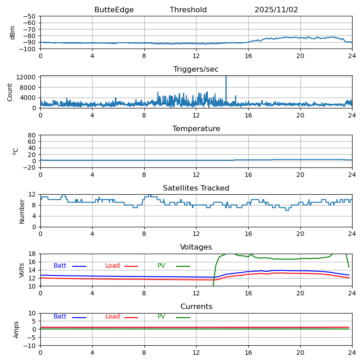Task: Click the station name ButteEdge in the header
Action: point(114,10)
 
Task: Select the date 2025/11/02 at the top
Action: point(276,10)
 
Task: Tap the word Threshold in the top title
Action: point(188,10)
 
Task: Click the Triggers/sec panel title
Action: point(196,69)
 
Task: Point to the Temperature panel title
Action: point(196,129)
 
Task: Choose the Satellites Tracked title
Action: point(196,188)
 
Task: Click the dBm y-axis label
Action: point(13,33)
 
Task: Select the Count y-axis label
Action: point(10,92)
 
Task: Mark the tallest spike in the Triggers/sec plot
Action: point(226,77)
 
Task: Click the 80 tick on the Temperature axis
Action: point(32,135)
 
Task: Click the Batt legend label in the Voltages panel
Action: point(60,266)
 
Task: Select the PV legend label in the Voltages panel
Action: point(162,266)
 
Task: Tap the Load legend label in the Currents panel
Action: point(113,317)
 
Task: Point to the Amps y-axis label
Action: point(16,329)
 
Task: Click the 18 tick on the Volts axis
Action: point(32,254)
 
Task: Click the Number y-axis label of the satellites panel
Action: point(22,211)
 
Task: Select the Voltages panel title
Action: point(196,247)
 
